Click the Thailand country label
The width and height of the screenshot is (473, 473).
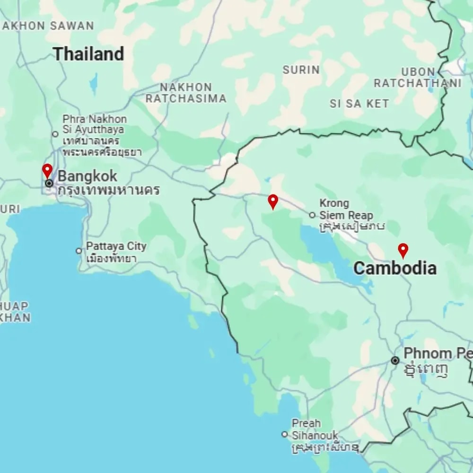click(x=88, y=54)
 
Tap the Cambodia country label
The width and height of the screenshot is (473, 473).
click(x=395, y=269)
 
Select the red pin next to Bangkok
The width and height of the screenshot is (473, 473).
click(x=47, y=171)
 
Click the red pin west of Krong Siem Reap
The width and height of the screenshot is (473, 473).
click(x=272, y=201)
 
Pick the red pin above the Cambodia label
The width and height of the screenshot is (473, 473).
click(x=403, y=250)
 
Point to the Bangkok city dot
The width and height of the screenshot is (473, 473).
click(x=49, y=183)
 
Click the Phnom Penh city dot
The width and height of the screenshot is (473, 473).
click(x=395, y=360)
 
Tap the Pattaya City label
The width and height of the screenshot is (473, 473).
click(x=116, y=246)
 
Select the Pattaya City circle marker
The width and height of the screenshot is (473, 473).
click(x=79, y=251)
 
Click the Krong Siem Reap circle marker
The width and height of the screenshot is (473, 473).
click(x=312, y=215)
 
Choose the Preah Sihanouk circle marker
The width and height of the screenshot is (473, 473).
click(x=285, y=434)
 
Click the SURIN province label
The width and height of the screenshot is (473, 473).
click(x=301, y=70)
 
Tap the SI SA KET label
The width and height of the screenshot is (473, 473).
click(x=359, y=104)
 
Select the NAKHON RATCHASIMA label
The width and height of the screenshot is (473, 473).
click(x=185, y=93)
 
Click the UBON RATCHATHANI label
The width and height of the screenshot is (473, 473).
click(x=418, y=78)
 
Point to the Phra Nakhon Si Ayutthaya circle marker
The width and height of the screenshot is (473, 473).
click(x=55, y=134)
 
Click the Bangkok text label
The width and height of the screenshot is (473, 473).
click(x=88, y=176)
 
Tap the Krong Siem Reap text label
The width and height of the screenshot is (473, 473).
click(x=346, y=209)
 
